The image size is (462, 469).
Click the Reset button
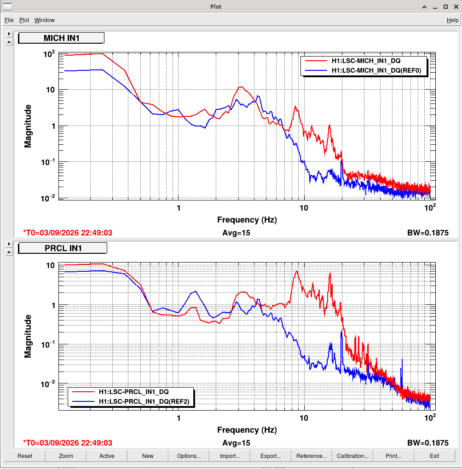(x=25, y=456)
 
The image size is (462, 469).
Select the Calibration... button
(x=352, y=456)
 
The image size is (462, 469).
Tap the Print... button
(x=393, y=456)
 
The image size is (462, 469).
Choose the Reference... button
(x=312, y=456)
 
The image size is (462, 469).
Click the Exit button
(x=434, y=456)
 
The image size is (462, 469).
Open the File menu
(x=9, y=20)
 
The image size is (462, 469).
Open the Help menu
(x=452, y=20)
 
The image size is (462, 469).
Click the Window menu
(x=44, y=20)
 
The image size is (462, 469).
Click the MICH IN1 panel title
(x=61, y=38)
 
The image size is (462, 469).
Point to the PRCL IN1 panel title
(x=63, y=248)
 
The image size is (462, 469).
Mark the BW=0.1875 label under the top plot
(x=428, y=233)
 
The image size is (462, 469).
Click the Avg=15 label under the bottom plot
(x=236, y=443)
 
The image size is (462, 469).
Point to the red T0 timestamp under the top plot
(x=68, y=233)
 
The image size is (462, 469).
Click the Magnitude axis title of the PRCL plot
(x=28, y=336)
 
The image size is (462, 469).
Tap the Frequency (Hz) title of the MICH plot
(x=247, y=220)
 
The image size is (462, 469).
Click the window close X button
(x=456, y=6)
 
